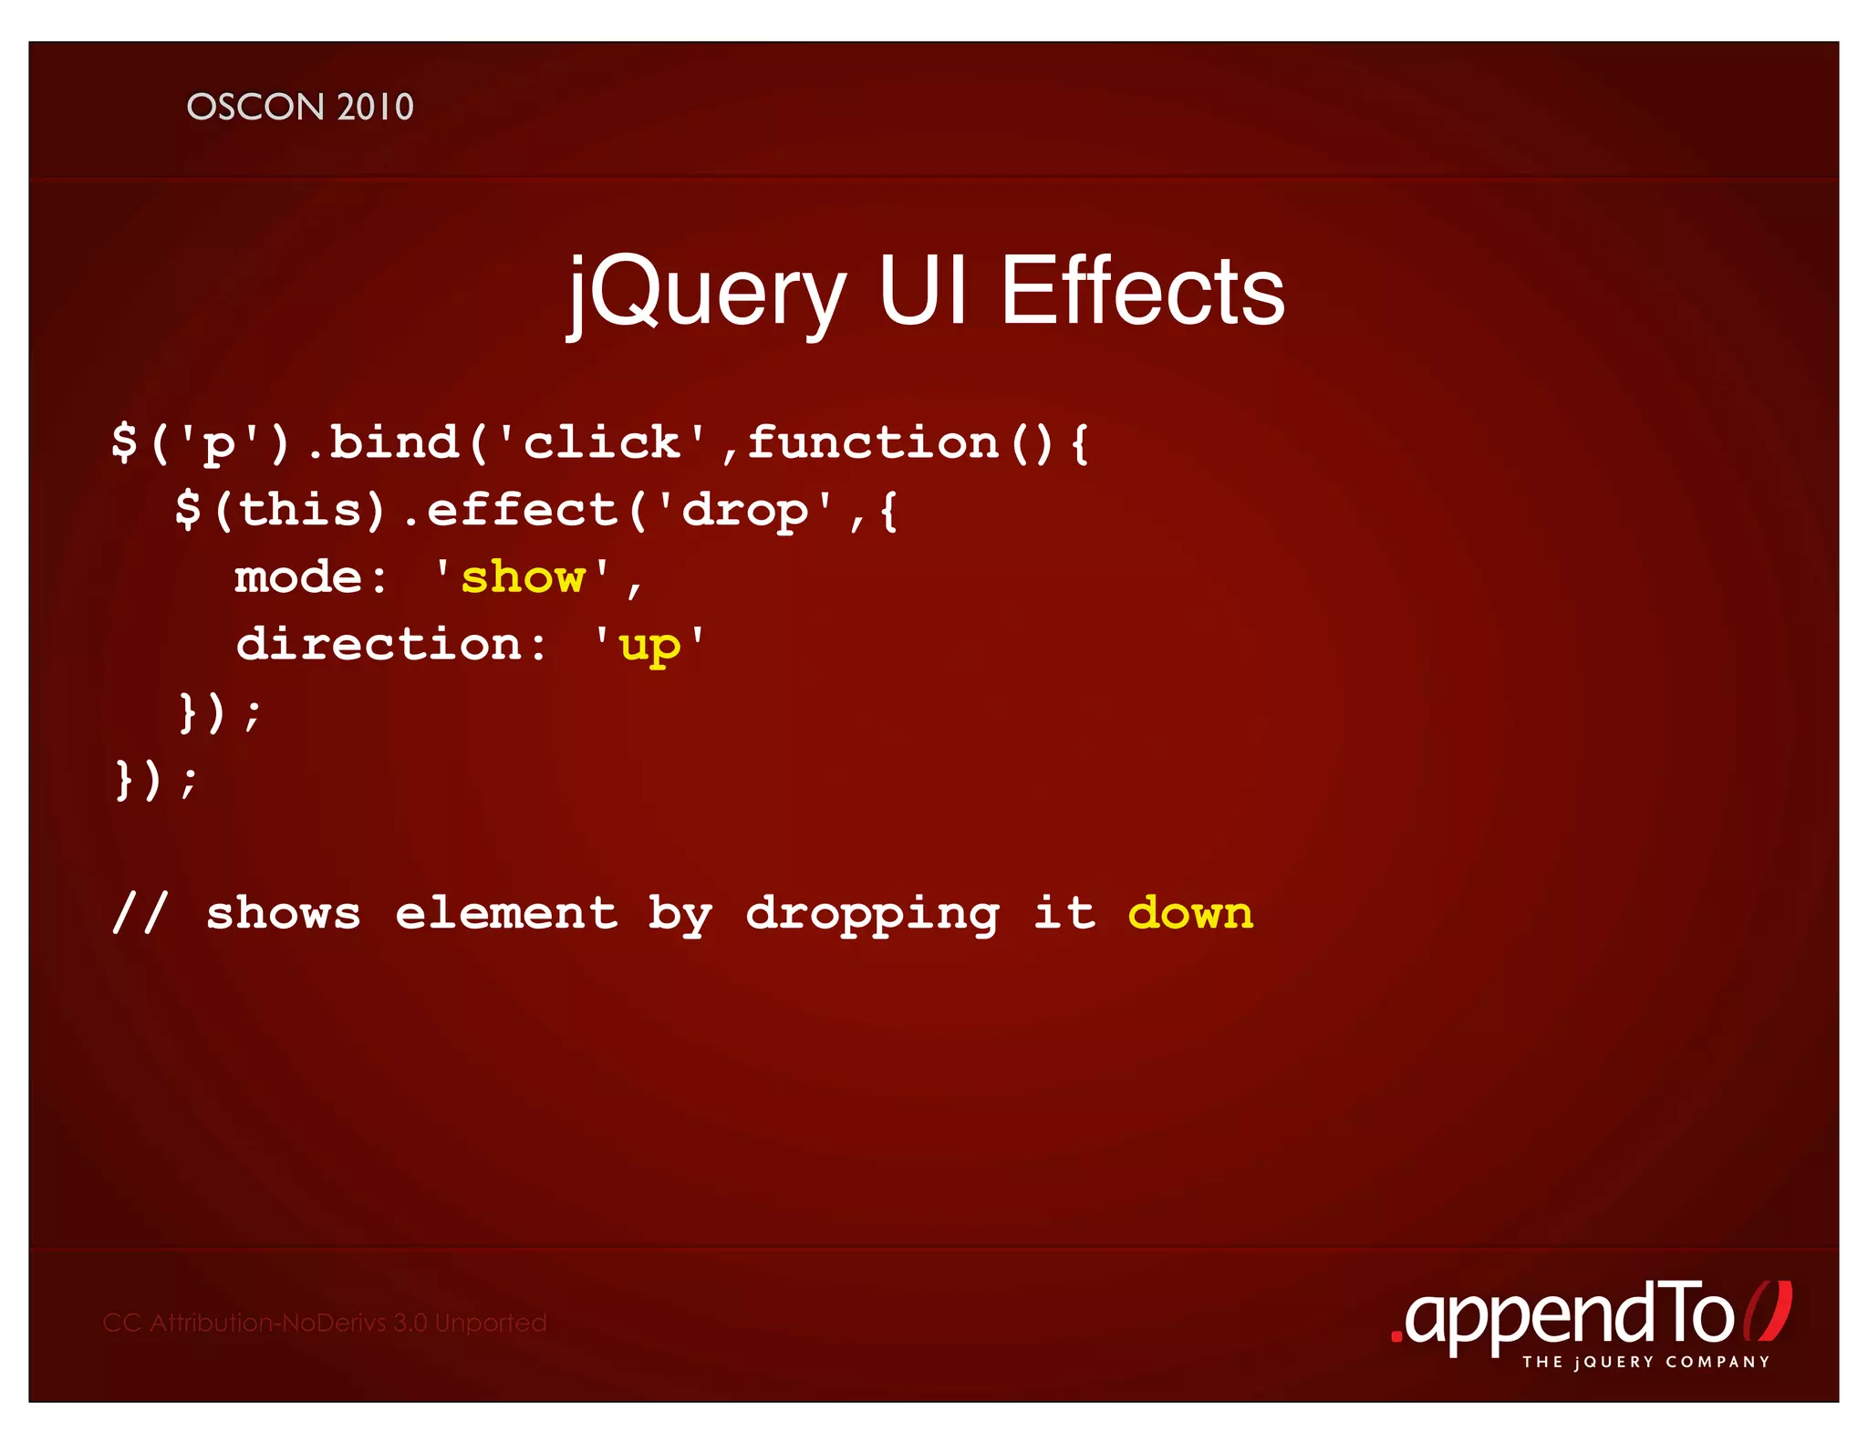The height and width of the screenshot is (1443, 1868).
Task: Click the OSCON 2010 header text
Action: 300,107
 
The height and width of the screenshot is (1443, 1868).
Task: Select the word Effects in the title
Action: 1143,290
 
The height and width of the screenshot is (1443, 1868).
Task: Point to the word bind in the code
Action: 393,442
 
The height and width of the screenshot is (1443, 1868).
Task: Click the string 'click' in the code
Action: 601,442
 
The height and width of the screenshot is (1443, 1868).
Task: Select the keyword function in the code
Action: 873,442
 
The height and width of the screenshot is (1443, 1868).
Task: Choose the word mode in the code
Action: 298,577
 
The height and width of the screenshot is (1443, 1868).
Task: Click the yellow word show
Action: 523,577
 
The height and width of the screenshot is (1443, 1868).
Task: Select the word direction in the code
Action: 379,644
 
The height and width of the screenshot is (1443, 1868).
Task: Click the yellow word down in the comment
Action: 1190,913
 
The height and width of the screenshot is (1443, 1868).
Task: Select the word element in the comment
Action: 506,913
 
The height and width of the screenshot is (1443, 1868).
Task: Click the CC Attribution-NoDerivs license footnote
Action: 325,1323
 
